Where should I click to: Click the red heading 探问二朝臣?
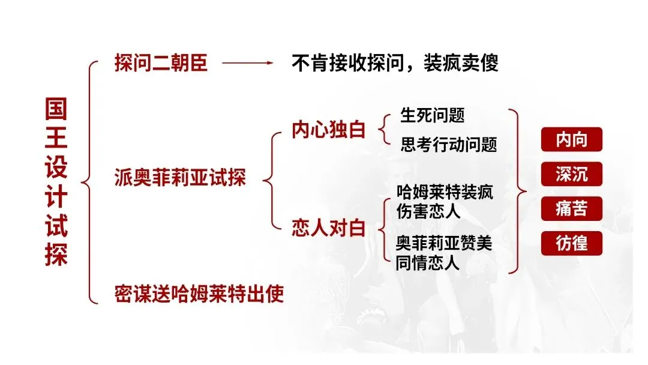pyautogui.click(x=161, y=63)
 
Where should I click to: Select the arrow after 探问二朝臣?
pyautogui.click(x=247, y=63)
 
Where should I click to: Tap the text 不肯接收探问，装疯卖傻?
pyautogui.click(x=395, y=63)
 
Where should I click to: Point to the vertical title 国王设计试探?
pyautogui.click(x=56, y=182)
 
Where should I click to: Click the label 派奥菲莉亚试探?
pyautogui.click(x=180, y=178)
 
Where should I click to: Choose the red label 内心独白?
pyautogui.click(x=328, y=130)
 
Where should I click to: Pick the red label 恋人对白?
pyautogui.click(x=328, y=228)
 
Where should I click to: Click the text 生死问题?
pyautogui.click(x=432, y=115)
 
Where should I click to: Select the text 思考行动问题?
pyautogui.click(x=449, y=145)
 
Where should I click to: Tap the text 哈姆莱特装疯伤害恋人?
pyautogui.click(x=445, y=202)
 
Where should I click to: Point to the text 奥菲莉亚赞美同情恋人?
pyautogui.click(x=444, y=253)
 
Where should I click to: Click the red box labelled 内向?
pyautogui.click(x=571, y=140)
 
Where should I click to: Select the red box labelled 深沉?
pyautogui.click(x=571, y=175)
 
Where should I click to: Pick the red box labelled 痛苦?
pyautogui.click(x=571, y=209)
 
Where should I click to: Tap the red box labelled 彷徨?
pyautogui.click(x=571, y=244)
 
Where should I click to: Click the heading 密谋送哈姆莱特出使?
pyautogui.click(x=199, y=295)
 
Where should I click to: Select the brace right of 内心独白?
pyautogui.click(x=383, y=130)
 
